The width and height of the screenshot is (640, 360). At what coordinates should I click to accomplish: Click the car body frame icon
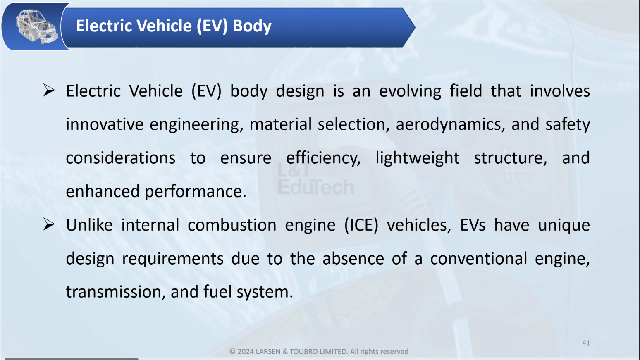click(36, 26)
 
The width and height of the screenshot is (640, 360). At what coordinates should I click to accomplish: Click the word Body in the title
click(252, 26)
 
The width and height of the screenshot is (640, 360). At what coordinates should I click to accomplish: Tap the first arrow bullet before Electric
click(49, 90)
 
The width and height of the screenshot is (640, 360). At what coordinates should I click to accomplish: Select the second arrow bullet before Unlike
click(49, 224)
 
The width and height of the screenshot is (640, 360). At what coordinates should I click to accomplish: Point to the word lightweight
click(418, 158)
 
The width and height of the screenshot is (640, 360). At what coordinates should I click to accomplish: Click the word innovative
click(105, 124)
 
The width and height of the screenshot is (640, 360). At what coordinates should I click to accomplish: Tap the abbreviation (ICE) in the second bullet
click(361, 225)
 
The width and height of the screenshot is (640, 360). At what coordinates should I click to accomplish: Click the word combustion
click(232, 225)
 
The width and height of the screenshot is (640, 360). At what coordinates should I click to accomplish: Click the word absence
click(353, 259)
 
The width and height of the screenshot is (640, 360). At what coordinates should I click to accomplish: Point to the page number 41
click(586, 343)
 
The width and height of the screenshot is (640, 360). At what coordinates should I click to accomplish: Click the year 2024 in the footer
click(245, 351)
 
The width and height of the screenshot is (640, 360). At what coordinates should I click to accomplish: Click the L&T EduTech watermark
click(316, 179)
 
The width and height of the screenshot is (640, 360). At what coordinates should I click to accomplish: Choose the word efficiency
click(323, 158)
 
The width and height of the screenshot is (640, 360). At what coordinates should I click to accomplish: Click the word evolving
click(410, 91)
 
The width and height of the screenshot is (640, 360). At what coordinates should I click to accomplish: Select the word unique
click(564, 225)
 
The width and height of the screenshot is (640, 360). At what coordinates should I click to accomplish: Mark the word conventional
click(479, 259)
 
